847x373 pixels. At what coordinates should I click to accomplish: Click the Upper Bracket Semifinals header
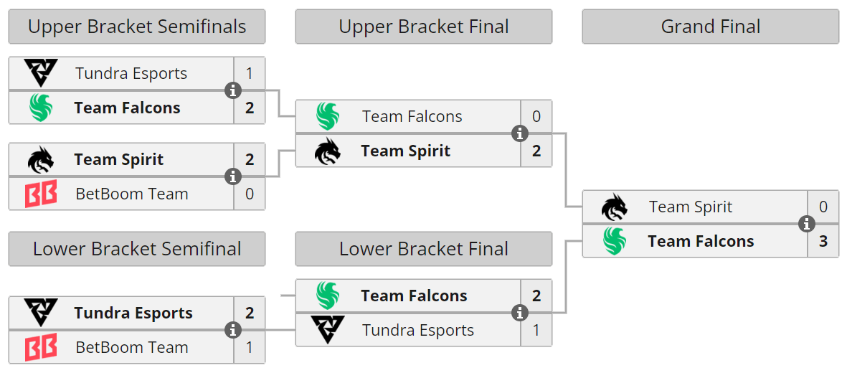tap(137, 27)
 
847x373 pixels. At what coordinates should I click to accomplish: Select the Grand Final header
tap(710, 27)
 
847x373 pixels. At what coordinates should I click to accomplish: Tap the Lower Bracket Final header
tap(423, 249)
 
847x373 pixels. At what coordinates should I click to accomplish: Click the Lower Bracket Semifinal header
tap(137, 249)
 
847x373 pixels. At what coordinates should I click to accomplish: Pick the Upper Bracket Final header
tap(423, 27)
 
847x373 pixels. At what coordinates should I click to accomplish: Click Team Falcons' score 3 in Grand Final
tap(823, 242)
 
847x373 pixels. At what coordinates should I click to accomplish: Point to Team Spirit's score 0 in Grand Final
tap(823, 207)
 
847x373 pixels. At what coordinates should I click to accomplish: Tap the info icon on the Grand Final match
tap(806, 224)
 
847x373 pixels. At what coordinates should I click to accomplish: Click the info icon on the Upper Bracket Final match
tap(519, 133)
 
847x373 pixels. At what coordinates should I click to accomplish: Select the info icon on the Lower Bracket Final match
tap(519, 313)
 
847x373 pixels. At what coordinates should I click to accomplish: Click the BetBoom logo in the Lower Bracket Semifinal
tap(41, 348)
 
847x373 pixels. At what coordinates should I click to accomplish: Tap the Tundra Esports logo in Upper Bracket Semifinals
tap(41, 73)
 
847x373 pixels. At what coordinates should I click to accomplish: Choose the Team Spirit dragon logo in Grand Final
tap(615, 207)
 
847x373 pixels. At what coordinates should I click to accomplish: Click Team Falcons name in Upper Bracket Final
tap(412, 117)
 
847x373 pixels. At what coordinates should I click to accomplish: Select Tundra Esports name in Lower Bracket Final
tap(417, 331)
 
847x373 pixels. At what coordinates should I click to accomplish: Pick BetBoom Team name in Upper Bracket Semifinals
tap(132, 194)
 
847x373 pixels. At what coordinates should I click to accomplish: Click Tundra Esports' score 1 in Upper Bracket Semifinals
tap(250, 74)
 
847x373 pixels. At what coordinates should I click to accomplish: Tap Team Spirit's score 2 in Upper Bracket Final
tap(536, 151)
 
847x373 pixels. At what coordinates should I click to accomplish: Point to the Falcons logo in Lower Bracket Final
tap(328, 296)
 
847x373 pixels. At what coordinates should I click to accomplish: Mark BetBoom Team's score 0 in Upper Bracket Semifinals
tap(250, 194)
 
